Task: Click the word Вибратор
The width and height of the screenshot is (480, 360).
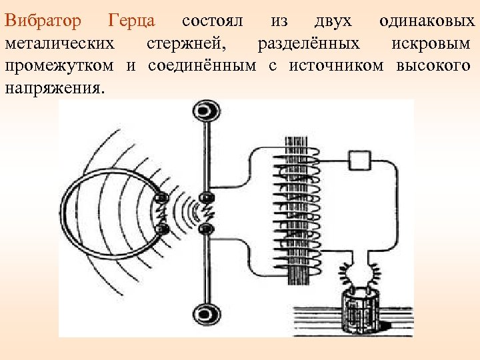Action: click(43, 21)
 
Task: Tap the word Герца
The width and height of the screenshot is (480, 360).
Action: click(131, 21)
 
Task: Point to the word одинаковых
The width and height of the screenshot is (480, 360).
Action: click(427, 21)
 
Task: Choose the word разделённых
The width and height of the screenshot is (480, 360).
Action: click(308, 44)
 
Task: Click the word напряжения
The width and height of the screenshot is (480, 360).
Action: click(54, 88)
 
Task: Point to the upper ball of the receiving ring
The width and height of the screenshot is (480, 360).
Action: click(161, 198)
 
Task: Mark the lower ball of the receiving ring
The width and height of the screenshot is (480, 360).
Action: click(161, 229)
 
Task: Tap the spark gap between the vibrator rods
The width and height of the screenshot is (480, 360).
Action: click(207, 213)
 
